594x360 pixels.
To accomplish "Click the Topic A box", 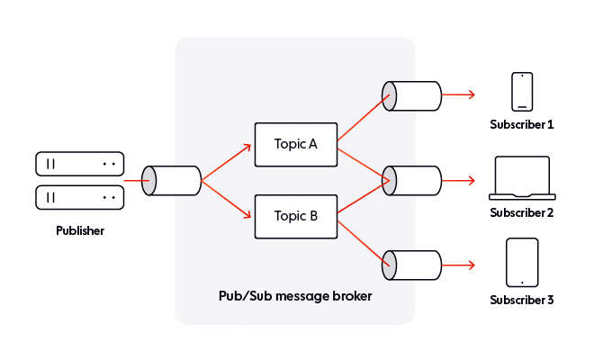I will point(295,144).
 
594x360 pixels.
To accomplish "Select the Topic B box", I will point(295,215).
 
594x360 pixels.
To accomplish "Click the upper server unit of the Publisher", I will point(78,164).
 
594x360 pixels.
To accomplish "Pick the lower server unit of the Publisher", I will point(78,196).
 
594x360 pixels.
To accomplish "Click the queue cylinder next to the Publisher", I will point(175,180).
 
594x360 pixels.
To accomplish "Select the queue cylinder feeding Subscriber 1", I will point(413,94).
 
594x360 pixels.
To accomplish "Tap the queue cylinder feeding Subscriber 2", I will point(413,180).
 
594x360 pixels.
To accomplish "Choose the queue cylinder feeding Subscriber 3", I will point(413,265).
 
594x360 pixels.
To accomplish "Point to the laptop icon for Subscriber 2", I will point(522,178).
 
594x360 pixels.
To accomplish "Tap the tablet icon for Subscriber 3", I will point(522,263).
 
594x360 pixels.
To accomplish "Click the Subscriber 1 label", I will point(522,123).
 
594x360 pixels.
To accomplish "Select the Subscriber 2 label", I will point(522,212).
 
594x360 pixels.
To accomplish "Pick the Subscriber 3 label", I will point(522,299).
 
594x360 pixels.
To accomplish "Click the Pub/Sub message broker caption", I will point(295,295).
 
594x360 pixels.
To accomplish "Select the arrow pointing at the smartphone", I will point(462,94).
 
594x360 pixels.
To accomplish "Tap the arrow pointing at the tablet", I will point(462,265).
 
